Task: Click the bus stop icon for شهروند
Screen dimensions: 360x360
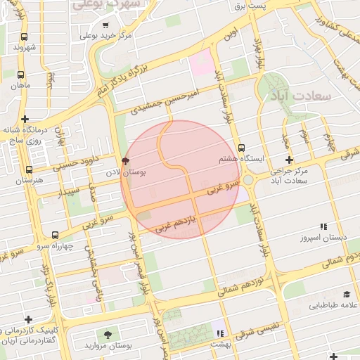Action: [x=25, y=37]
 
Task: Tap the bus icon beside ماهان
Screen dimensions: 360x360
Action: [x=20, y=74]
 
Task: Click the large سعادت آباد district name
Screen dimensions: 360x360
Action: [x=307, y=94]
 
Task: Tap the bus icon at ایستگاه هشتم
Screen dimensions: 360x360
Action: [x=241, y=148]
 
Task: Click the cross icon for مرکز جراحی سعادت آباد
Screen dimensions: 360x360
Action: [x=289, y=160]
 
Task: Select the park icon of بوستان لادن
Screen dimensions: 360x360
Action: [x=126, y=161]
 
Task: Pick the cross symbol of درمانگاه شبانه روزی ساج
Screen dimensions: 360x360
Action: [x=25, y=120]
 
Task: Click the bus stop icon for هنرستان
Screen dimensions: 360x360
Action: [x=29, y=169]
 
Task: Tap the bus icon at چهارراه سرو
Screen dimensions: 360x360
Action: [x=56, y=235]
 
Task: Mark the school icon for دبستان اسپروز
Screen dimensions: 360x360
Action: [x=323, y=226]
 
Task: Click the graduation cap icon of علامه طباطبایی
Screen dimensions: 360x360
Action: [x=346, y=295]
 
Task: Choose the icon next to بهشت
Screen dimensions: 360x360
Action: [x=221, y=333]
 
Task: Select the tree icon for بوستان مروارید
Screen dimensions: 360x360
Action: [x=108, y=335]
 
